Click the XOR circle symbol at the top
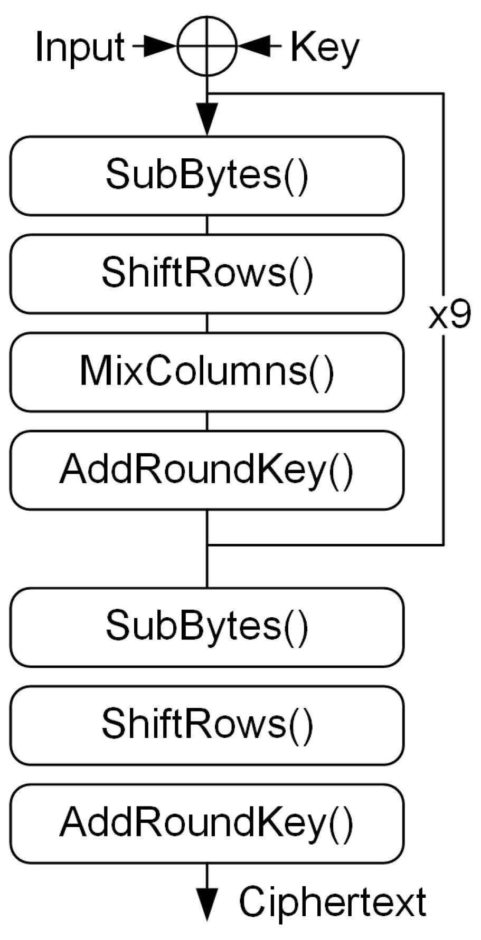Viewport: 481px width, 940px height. click(207, 47)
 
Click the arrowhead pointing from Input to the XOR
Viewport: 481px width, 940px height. click(161, 47)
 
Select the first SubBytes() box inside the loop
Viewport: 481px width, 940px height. click(207, 176)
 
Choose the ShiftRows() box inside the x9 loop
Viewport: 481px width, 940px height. click(207, 274)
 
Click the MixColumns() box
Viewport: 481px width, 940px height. click(207, 372)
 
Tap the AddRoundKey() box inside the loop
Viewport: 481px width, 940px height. click(207, 470)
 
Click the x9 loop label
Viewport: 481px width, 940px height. click(449, 317)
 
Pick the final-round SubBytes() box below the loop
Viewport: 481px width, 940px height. click(207, 627)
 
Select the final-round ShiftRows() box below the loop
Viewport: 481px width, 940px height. click(207, 725)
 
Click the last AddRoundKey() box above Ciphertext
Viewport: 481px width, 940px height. click(207, 823)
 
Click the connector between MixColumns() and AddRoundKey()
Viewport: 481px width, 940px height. click(207, 421)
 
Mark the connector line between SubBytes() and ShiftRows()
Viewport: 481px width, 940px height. click(207, 225)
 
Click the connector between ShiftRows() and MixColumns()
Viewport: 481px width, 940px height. click(207, 323)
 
